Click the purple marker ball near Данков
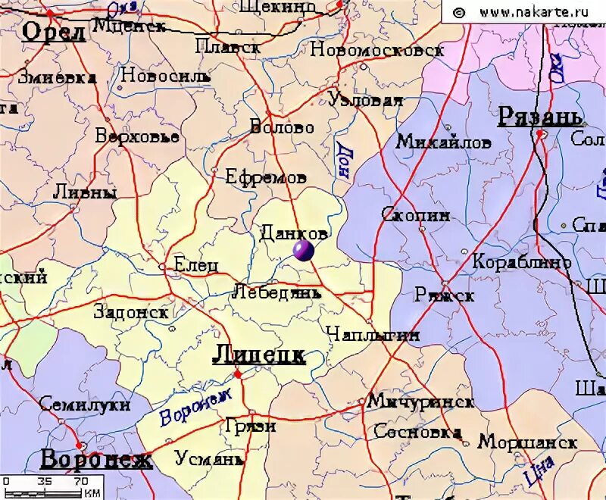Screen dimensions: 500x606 click(303, 251)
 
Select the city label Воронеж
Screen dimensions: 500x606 click(96, 460)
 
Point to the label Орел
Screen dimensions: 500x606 click(53, 32)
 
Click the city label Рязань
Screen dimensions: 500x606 click(539, 117)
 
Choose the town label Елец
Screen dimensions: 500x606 click(196, 265)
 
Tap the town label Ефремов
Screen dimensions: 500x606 click(266, 177)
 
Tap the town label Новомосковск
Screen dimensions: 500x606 click(376, 50)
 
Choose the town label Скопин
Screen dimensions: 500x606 click(415, 215)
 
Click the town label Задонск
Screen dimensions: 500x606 click(131, 311)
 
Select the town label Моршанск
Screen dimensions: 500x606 click(528, 441)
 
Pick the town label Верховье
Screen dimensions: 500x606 click(137, 137)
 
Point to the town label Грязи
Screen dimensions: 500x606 click(250, 426)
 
